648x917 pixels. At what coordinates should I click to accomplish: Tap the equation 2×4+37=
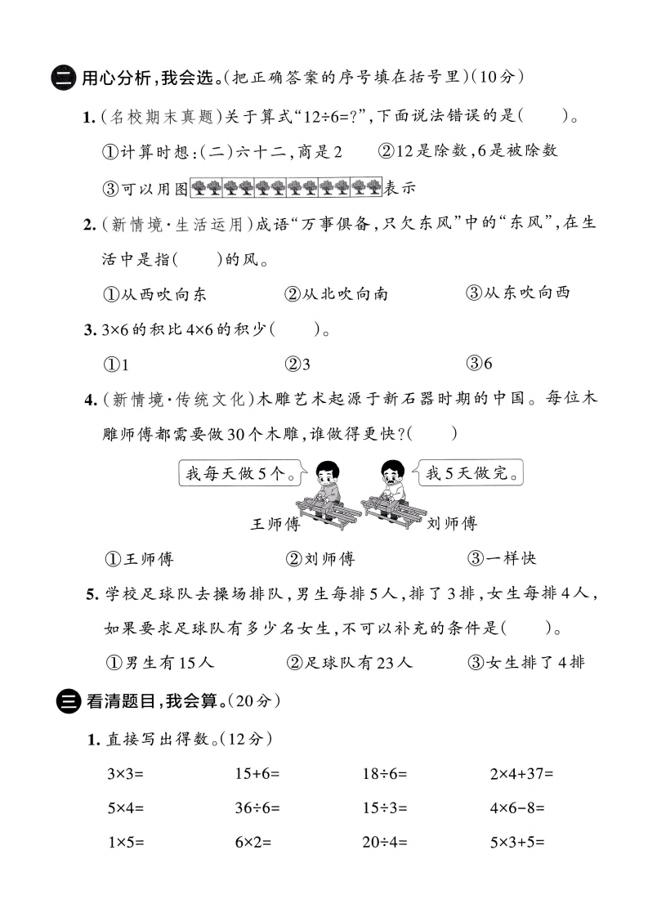[x=521, y=772]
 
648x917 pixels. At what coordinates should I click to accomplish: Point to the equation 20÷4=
[x=384, y=842]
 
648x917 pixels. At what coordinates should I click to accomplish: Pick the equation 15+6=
[x=257, y=772]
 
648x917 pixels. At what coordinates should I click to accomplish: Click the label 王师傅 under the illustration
[x=275, y=524]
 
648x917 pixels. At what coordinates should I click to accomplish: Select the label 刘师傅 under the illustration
[x=452, y=524]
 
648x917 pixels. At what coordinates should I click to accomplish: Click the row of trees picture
[x=286, y=187]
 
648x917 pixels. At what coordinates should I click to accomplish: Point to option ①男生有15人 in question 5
[x=159, y=663]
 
